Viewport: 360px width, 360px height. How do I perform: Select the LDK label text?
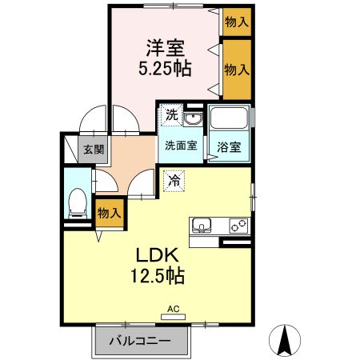pos(157,256)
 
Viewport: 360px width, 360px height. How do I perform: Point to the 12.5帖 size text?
pos(157,277)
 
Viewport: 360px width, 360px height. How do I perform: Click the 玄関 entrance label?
pos(94,149)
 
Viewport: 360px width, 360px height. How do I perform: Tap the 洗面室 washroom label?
pos(180,146)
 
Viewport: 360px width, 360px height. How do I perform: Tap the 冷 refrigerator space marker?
pos(173,181)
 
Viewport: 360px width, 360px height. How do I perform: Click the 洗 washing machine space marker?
pos(171,115)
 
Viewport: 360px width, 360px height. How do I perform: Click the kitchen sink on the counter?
pos(201,224)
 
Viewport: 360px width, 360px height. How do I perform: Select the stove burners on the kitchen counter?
pos(239,224)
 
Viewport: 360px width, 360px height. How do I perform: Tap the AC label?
pos(174,308)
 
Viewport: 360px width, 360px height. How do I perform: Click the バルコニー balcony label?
pos(141,342)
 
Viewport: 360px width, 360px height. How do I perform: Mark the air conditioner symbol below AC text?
pos(173,317)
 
